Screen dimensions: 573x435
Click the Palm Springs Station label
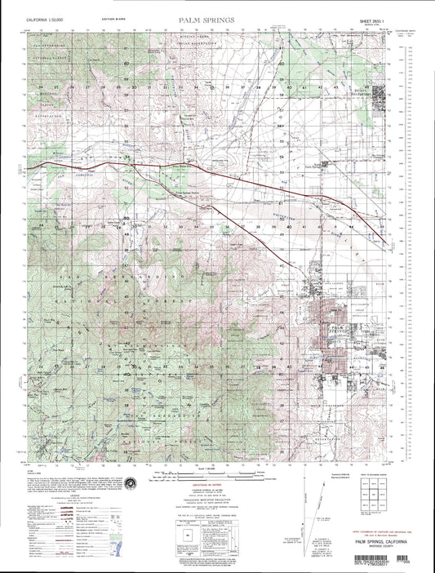(189, 183)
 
